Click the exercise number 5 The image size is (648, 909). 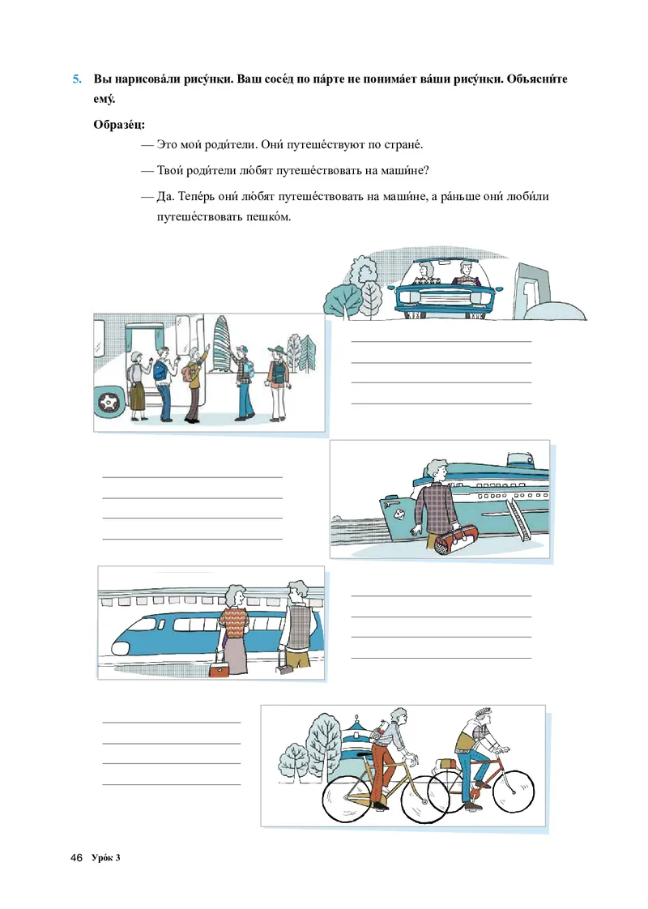(77, 79)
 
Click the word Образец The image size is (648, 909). (119, 125)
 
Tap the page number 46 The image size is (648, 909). (76, 857)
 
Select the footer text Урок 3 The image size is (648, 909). (106, 857)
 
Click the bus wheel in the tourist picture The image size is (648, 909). (109, 400)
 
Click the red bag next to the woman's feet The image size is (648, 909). (219, 669)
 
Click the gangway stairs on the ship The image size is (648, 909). (520, 517)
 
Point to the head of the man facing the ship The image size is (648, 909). (437, 472)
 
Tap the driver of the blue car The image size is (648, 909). (465, 274)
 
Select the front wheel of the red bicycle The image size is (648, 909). (509, 792)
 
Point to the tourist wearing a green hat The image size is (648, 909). (278, 382)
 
